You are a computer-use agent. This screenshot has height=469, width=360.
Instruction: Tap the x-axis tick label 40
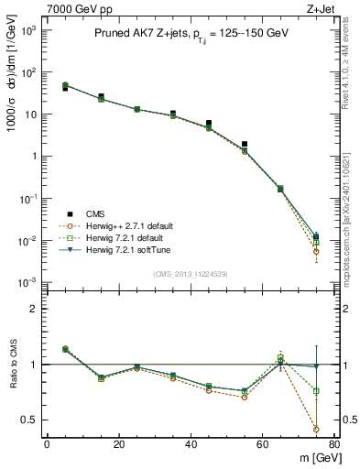190,445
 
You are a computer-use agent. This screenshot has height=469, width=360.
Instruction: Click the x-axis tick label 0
47,445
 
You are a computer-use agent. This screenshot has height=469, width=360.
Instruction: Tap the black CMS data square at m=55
244,144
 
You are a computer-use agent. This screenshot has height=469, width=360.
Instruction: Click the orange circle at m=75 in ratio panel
316,429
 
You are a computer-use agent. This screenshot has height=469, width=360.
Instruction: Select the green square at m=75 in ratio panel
316,391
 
